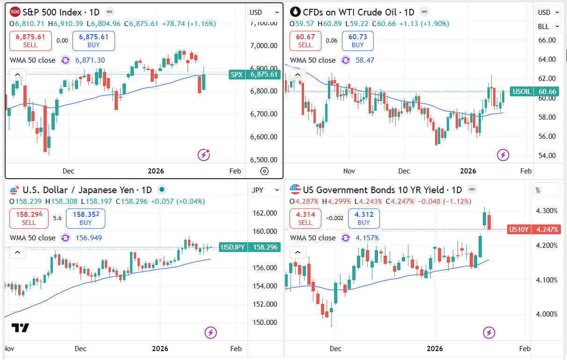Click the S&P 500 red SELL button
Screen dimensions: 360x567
click(x=30, y=41)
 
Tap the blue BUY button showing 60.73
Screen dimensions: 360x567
click(x=357, y=41)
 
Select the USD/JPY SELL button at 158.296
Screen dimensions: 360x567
click(x=29, y=218)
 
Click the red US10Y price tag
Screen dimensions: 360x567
click(x=533, y=230)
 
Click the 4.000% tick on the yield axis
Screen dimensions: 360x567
click(x=546, y=314)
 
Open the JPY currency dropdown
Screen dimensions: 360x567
click(x=264, y=190)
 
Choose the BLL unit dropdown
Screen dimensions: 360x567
click(x=548, y=27)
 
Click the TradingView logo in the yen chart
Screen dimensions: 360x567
click(x=20, y=328)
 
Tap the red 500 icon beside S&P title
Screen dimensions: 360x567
click(x=15, y=12)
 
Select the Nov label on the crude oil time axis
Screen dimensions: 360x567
click(x=349, y=171)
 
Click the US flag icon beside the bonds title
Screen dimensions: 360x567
click(x=295, y=189)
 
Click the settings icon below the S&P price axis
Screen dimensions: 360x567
click(x=264, y=171)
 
